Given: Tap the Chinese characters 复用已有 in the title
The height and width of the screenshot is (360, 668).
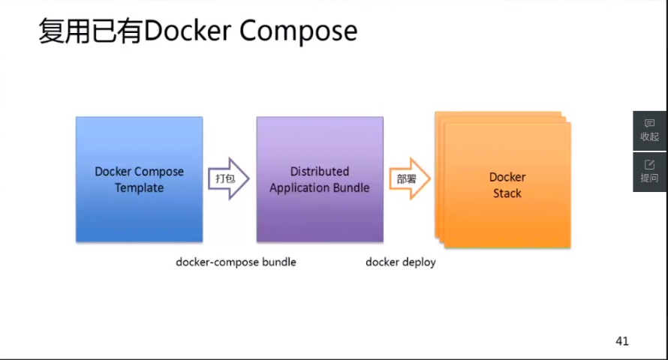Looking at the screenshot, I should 90,31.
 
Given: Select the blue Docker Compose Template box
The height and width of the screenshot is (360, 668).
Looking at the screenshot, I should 139,179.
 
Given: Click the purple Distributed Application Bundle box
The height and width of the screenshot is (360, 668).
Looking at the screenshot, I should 320,179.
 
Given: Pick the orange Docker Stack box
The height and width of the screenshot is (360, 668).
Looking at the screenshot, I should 507,185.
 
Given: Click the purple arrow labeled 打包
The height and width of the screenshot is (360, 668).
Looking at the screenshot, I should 227,178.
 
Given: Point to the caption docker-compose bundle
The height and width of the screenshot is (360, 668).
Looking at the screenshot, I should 236,262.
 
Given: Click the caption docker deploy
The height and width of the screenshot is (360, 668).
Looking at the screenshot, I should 401,262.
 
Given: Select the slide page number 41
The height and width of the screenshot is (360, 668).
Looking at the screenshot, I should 621,341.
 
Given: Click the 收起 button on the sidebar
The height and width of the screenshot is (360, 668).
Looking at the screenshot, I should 649,130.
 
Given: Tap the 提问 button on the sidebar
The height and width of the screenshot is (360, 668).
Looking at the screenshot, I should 649,171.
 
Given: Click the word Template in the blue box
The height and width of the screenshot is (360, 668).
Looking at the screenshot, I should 139,187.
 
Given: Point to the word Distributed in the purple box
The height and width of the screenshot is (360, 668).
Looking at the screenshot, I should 320,171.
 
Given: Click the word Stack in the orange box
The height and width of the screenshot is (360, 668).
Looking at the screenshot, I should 507,193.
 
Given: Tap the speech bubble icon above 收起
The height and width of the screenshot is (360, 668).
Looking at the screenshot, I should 649,123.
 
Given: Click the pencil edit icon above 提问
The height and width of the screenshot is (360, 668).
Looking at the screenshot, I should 649,163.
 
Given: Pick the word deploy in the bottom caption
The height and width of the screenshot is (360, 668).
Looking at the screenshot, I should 417,262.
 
